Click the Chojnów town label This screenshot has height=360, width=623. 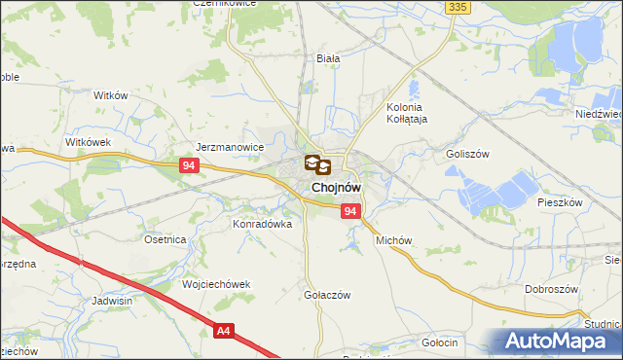pyautogui.click(x=338, y=187)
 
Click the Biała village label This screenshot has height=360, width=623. pyautogui.click(x=328, y=58)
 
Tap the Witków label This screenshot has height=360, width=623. pyautogui.click(x=110, y=95)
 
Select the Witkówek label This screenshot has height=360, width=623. pyautogui.click(x=90, y=142)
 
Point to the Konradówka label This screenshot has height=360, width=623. pyautogui.click(x=262, y=223)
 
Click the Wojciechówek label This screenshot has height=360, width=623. pyautogui.click(x=217, y=284)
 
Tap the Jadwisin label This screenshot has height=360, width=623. pyautogui.click(x=113, y=301)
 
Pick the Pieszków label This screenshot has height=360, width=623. pyautogui.click(x=560, y=202)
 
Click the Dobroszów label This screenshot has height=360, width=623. pyautogui.click(x=552, y=289)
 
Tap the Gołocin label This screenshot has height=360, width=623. pyautogui.click(x=440, y=343)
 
